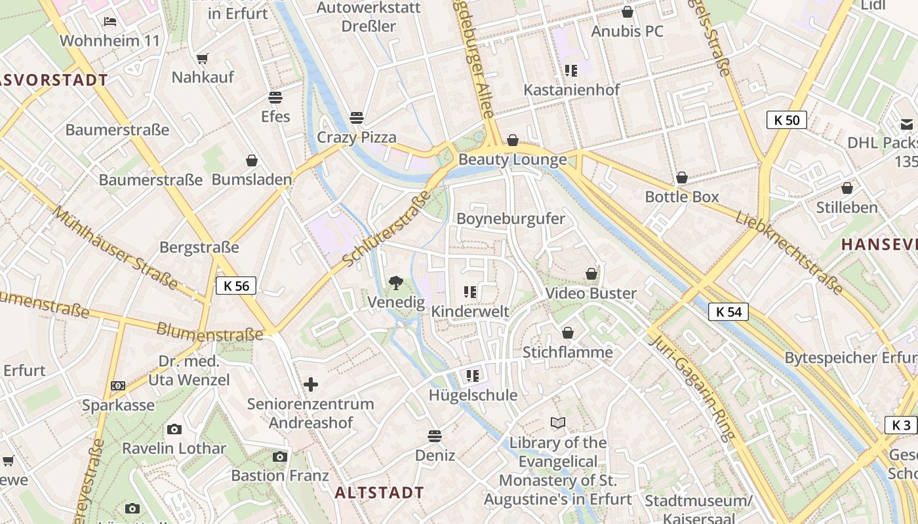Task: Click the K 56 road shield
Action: [x=236, y=286]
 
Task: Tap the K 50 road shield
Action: [x=787, y=120]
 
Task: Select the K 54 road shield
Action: [x=728, y=312]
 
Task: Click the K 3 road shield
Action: [x=902, y=425]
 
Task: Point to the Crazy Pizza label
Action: [x=357, y=138]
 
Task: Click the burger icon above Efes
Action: [x=275, y=98]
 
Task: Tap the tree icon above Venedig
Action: [x=395, y=283]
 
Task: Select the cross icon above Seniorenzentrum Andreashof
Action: [x=311, y=384]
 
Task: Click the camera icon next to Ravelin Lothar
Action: [x=174, y=430]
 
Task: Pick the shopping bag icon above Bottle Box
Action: [x=682, y=178]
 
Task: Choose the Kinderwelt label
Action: [x=469, y=311]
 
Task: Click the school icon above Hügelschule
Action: [x=472, y=376]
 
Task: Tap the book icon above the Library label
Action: [x=558, y=423]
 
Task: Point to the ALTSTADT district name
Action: [x=380, y=493]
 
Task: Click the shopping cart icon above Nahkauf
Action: [x=203, y=59]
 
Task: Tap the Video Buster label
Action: [x=591, y=293]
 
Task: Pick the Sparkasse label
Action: [x=118, y=405]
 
